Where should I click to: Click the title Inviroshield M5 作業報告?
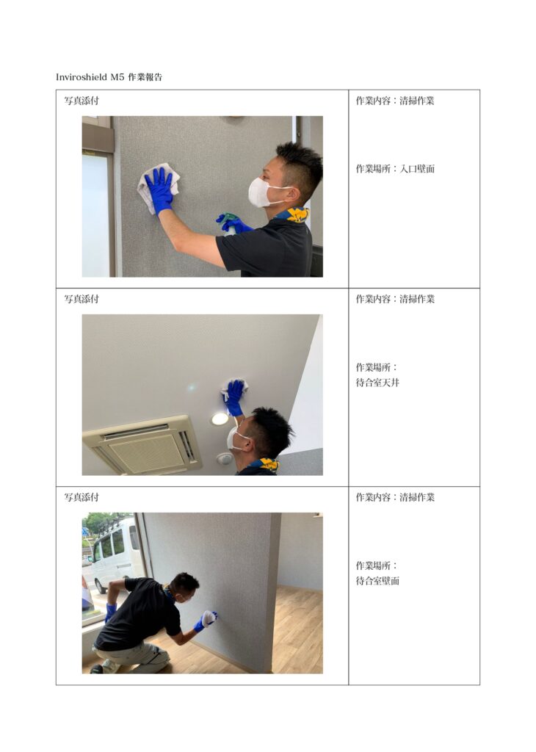click(109, 76)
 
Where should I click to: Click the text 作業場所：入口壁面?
click(395, 169)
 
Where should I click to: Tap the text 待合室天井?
click(377, 383)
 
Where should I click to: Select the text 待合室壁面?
click(377, 581)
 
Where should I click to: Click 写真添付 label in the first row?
click(82, 101)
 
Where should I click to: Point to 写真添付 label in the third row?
click(82, 497)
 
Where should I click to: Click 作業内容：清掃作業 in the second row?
click(395, 299)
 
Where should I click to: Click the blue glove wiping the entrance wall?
click(159, 189)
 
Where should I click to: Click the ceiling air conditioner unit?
click(143, 445)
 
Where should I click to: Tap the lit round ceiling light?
click(220, 419)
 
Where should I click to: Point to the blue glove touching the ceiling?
click(234, 396)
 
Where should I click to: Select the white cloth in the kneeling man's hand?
click(209, 618)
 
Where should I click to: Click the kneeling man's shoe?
click(98, 669)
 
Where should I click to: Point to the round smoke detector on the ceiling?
click(224, 458)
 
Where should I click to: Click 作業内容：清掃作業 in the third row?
click(395, 497)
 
